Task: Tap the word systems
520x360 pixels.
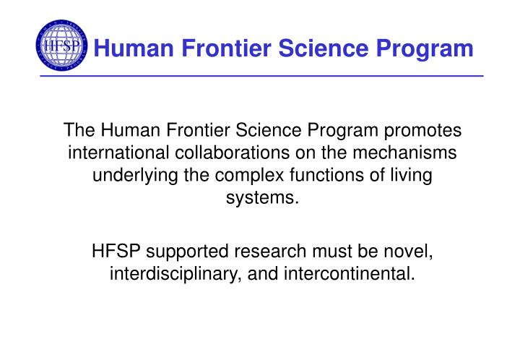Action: pyautogui.click(x=261, y=198)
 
